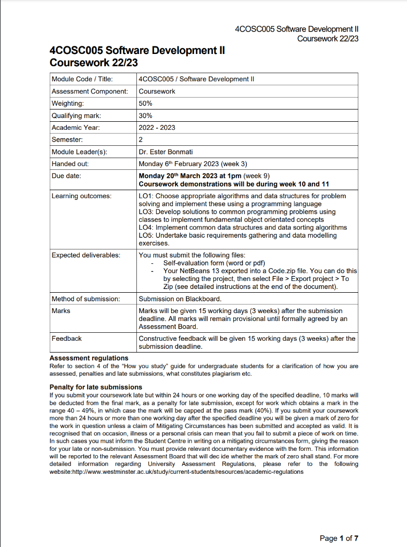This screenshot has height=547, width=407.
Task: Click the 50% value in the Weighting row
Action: [x=145, y=104]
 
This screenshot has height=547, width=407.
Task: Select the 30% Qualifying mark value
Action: [x=145, y=115]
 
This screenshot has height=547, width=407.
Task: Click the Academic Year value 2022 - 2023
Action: [x=157, y=128]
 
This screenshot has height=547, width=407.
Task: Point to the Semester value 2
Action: [x=141, y=139]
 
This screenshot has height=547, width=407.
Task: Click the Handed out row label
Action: [x=70, y=164]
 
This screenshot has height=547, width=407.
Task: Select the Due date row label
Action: [x=66, y=176]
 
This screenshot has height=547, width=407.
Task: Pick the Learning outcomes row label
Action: [x=81, y=196]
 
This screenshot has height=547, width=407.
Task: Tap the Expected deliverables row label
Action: [x=86, y=255]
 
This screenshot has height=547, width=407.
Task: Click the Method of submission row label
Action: [x=86, y=299]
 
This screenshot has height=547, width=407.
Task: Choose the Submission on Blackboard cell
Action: [x=180, y=299]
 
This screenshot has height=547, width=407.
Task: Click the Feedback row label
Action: [x=67, y=339]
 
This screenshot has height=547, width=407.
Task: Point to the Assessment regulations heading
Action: [x=89, y=358]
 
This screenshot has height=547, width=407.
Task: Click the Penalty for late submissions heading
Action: [x=96, y=387]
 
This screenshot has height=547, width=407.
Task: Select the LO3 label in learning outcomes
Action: [x=146, y=212]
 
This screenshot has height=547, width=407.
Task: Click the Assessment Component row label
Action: [x=90, y=91]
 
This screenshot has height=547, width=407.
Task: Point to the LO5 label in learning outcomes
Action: [x=146, y=236]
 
